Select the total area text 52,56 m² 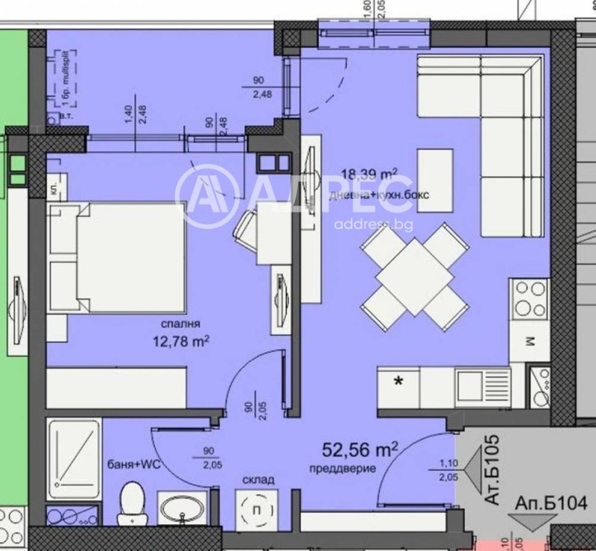(x=360, y=450)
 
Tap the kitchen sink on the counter (x=480, y=385)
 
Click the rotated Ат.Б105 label (x=492, y=471)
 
